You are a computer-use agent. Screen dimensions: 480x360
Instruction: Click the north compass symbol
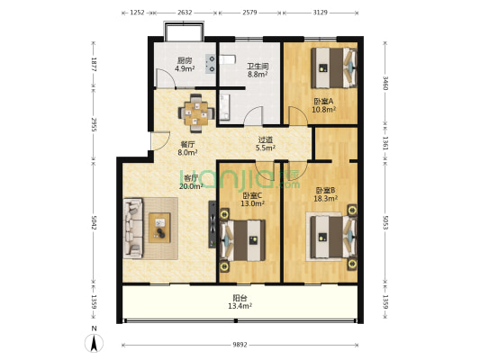pos(94,343)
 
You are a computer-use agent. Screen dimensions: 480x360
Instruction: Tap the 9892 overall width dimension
pos(240,345)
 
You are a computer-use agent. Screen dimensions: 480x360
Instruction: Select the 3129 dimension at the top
pos(321,13)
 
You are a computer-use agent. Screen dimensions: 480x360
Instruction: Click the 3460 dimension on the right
pos(385,83)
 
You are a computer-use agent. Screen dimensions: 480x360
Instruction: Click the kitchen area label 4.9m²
pos(185,68)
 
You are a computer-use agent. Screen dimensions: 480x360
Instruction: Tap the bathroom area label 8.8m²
pos(258,74)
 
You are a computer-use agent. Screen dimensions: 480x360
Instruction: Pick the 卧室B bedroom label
pos(325,191)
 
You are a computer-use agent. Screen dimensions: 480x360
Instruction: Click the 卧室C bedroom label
pos(252,195)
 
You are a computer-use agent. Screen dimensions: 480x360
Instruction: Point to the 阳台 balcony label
pos(240,298)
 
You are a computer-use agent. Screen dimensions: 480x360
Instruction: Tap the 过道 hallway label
pos(265,139)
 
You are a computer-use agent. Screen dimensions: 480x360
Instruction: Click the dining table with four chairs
pos(196,113)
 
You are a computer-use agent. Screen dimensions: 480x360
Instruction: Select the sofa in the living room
pos(133,229)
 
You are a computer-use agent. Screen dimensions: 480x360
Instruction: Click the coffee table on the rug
pos(159,228)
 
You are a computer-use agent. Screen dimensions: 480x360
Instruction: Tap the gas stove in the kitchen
pos(210,64)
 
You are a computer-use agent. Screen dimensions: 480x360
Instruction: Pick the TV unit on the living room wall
pos(213,224)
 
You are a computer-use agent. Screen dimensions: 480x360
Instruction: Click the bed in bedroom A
pos(334,67)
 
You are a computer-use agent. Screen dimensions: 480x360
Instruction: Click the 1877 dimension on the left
pos(94,64)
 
